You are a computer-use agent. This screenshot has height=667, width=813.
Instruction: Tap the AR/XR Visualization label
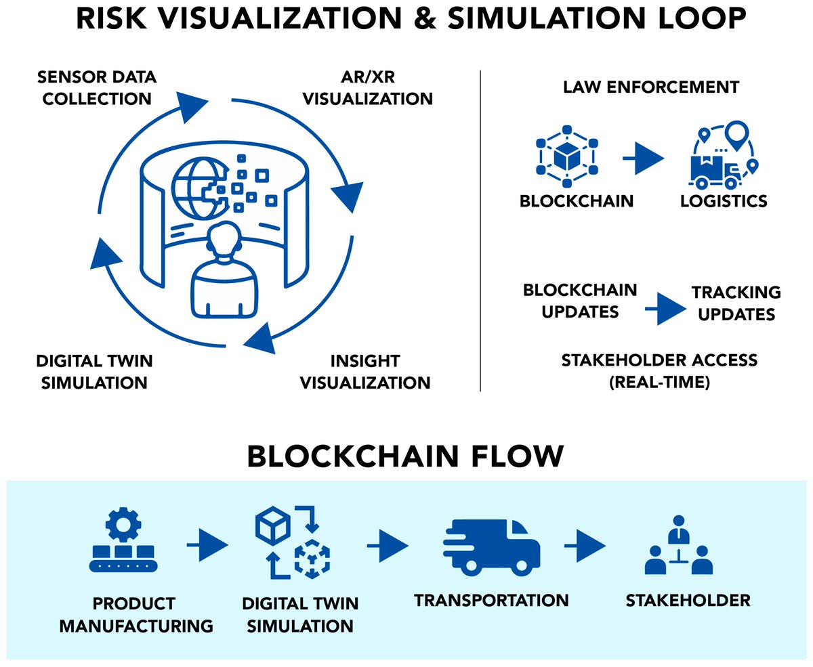(x=367, y=88)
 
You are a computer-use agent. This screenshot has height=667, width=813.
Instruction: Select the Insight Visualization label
(x=365, y=371)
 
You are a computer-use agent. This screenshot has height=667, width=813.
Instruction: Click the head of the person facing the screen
(x=224, y=242)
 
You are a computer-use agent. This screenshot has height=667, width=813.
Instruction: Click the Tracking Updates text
(x=736, y=303)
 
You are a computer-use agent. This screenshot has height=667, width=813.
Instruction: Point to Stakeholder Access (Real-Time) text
(x=659, y=370)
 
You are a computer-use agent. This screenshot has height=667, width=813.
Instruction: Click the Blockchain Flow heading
(x=405, y=457)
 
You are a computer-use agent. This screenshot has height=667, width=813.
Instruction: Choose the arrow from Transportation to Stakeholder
(x=585, y=544)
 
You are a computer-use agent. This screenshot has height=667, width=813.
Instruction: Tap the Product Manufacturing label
(x=136, y=614)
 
